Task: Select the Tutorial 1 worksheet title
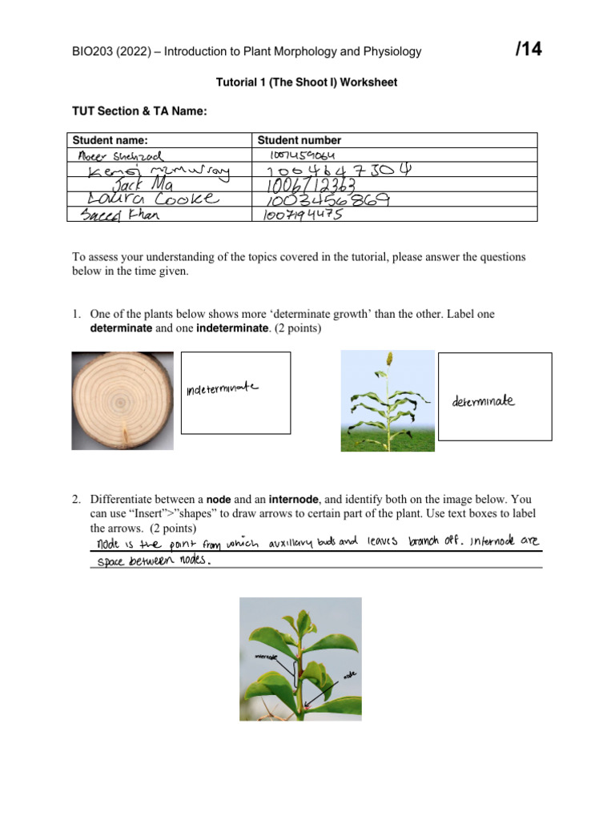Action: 307,82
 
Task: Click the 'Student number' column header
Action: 299,140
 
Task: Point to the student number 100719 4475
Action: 303,215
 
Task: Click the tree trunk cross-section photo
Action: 123,400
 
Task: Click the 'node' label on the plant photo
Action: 348,675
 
